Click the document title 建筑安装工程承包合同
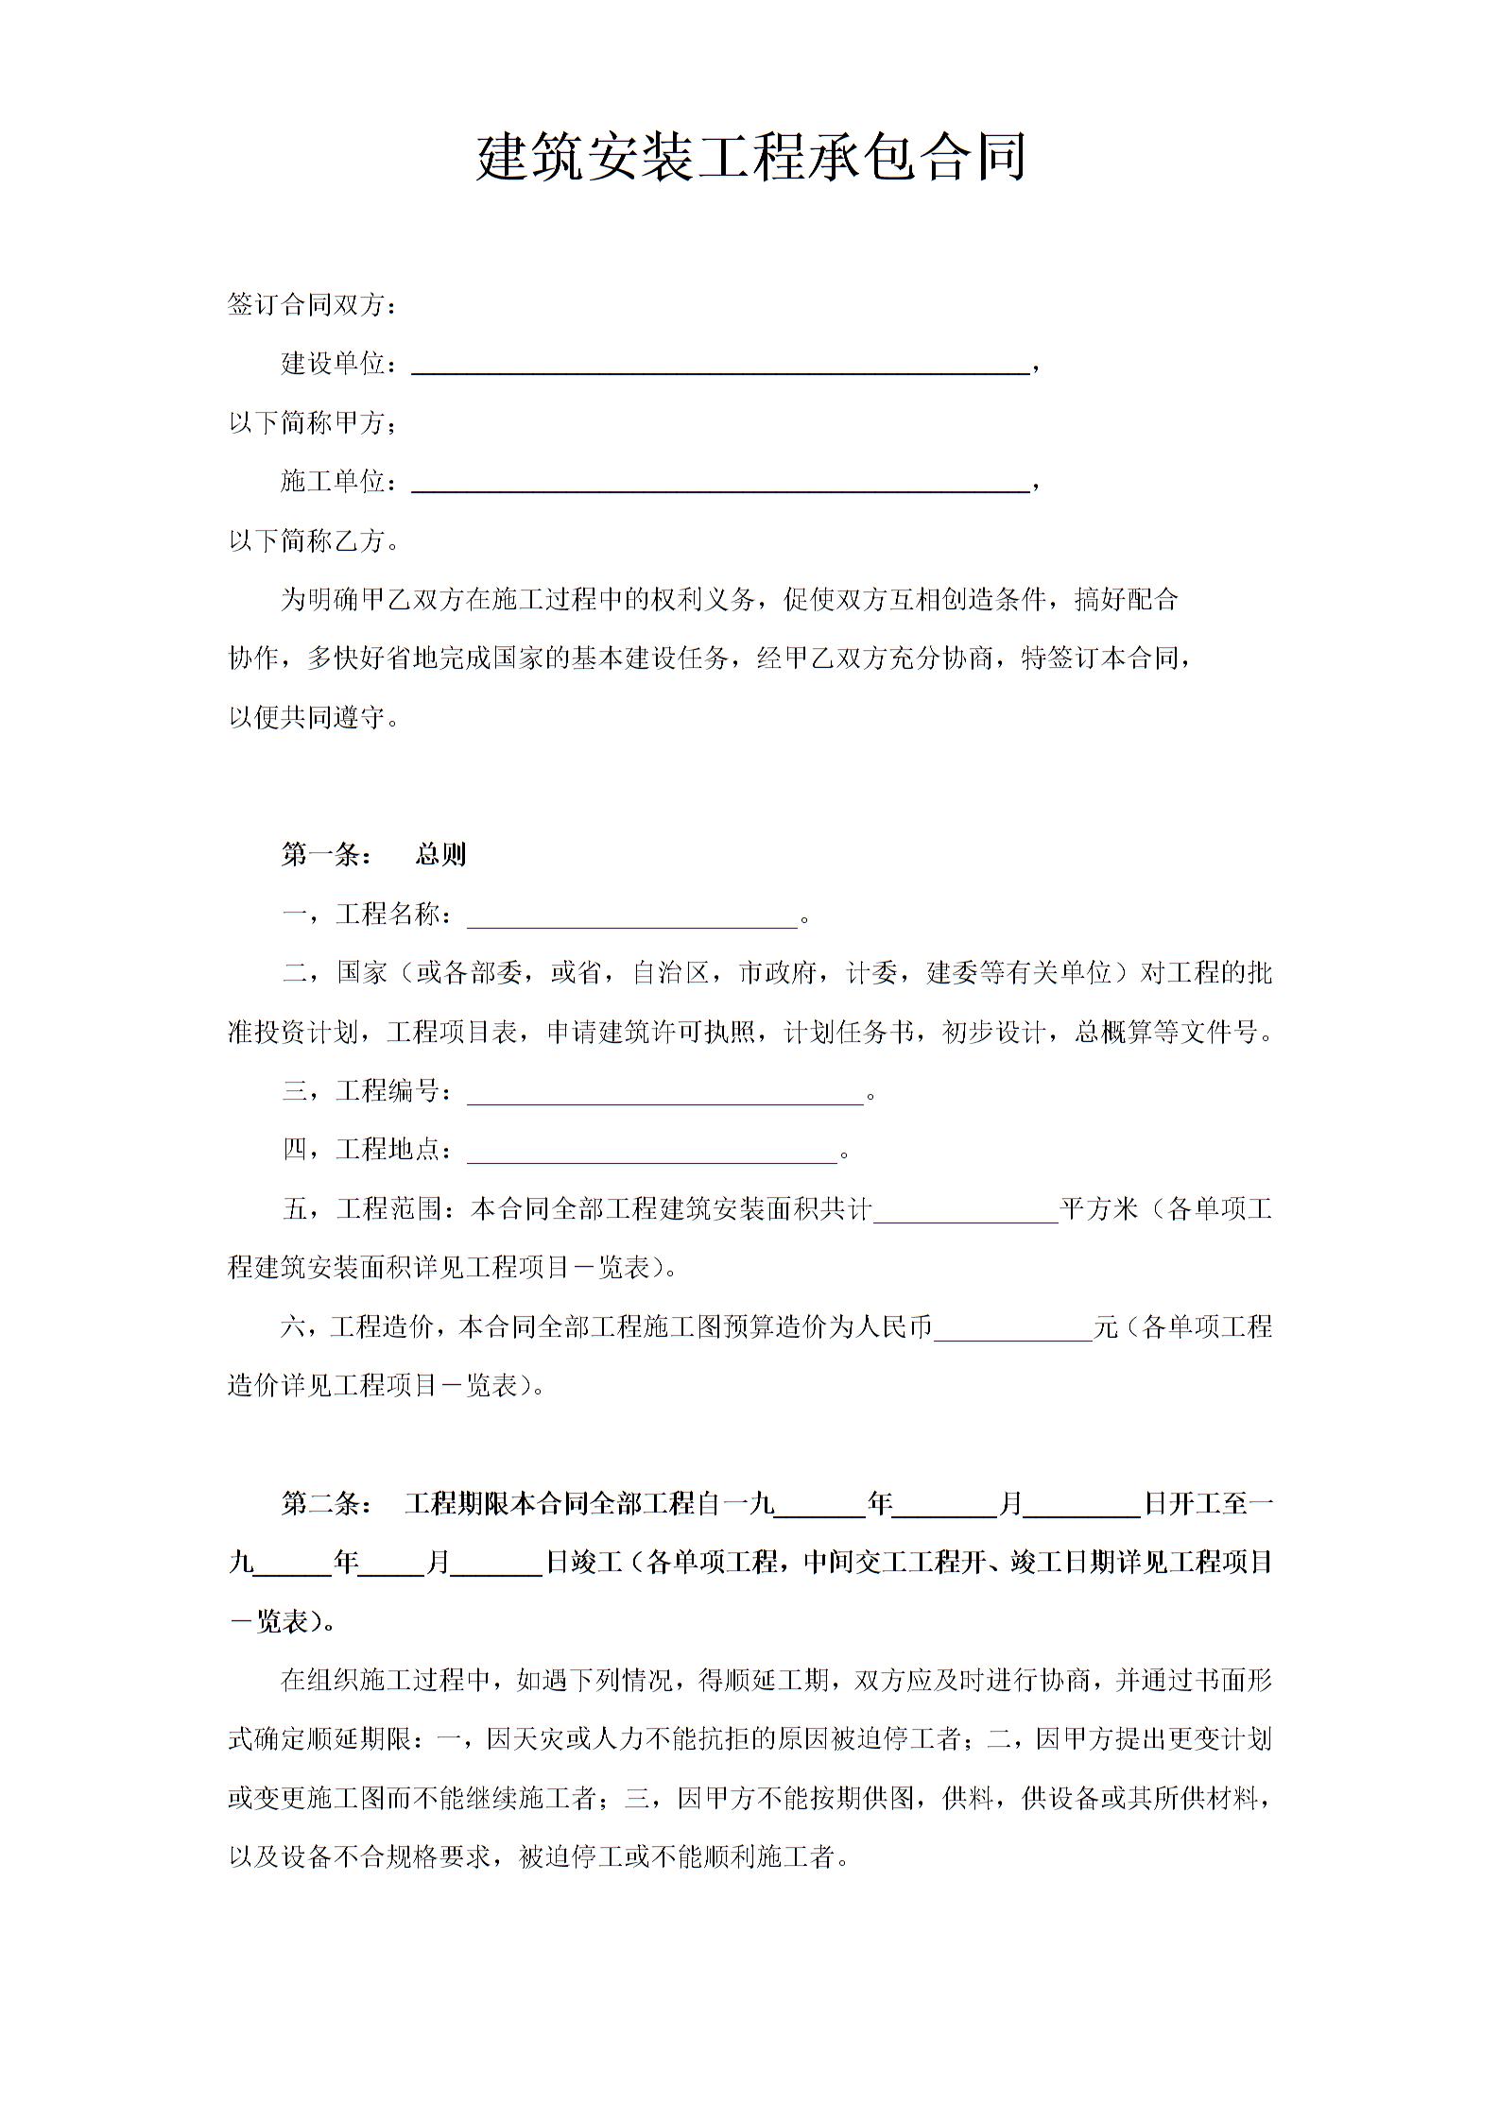click(x=750, y=158)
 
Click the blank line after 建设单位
click(x=720, y=365)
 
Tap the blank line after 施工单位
click(x=720, y=483)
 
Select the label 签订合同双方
click(x=312, y=305)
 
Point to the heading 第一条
click(x=327, y=855)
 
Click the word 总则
click(x=441, y=855)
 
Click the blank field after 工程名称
click(x=632, y=916)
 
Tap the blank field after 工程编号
click(x=665, y=1093)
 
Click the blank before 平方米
click(x=965, y=1211)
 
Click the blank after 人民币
click(x=1013, y=1329)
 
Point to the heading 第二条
click(x=327, y=1504)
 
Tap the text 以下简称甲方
click(x=312, y=423)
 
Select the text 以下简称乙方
click(x=312, y=541)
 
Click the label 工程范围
click(x=389, y=1209)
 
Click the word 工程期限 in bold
click(x=457, y=1504)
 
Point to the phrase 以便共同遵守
click(x=312, y=718)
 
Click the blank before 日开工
click(x=1082, y=1506)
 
